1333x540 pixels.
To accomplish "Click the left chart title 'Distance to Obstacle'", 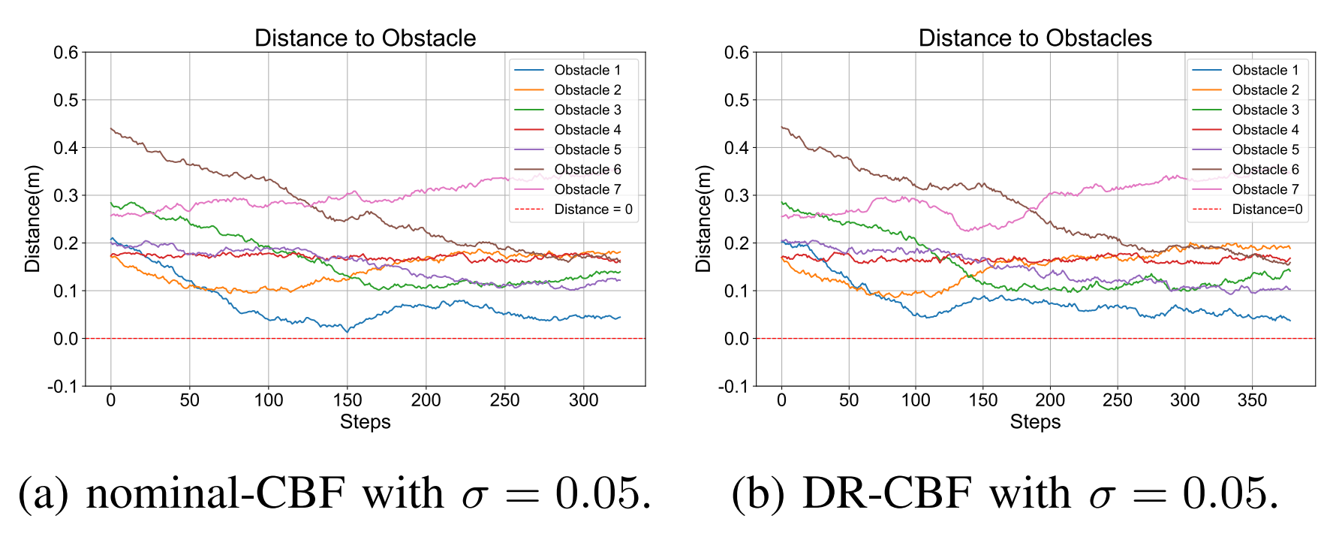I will coord(365,38).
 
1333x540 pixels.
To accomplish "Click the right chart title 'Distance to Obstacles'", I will coord(1035,38).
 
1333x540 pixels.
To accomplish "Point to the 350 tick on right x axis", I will coord(1252,400).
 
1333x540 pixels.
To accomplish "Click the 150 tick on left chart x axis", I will coord(348,400).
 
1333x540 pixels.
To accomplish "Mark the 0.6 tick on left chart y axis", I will coord(65,53).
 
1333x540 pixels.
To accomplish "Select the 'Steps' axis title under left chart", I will coord(365,422).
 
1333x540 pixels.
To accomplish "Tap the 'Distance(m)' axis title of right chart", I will coord(703,219).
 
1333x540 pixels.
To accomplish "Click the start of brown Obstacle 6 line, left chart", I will coord(111,128).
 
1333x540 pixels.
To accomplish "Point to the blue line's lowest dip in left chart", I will coord(346,330).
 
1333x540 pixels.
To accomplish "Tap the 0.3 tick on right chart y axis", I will coord(736,195).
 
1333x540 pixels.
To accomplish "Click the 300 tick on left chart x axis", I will coord(583,400).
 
